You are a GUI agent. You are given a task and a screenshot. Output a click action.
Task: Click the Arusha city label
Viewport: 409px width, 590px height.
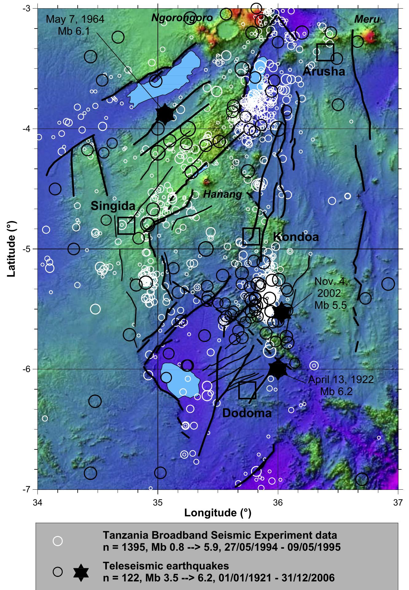(x=324, y=72)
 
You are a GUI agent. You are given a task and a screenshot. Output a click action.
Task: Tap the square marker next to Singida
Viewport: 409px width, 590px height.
(x=126, y=226)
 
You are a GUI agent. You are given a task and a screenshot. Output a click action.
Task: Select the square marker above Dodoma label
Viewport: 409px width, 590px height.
(x=247, y=390)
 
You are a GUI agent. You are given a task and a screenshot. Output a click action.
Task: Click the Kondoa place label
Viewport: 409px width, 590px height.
(x=296, y=237)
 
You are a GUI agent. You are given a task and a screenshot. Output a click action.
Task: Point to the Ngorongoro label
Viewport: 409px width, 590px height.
(x=182, y=18)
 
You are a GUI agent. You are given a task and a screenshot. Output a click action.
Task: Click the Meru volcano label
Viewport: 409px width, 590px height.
(x=367, y=20)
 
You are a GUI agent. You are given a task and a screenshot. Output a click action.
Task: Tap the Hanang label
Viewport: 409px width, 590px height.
(x=223, y=194)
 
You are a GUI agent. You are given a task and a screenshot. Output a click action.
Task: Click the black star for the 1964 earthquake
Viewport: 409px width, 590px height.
(x=165, y=114)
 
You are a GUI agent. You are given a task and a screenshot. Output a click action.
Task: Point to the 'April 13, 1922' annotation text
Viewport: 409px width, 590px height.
(x=341, y=380)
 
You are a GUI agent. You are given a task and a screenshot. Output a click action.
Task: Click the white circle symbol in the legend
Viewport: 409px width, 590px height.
(x=58, y=541)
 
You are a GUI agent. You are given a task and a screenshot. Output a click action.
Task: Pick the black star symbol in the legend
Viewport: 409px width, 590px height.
(x=81, y=571)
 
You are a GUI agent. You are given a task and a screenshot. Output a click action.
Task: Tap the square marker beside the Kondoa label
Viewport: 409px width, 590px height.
(x=251, y=236)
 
